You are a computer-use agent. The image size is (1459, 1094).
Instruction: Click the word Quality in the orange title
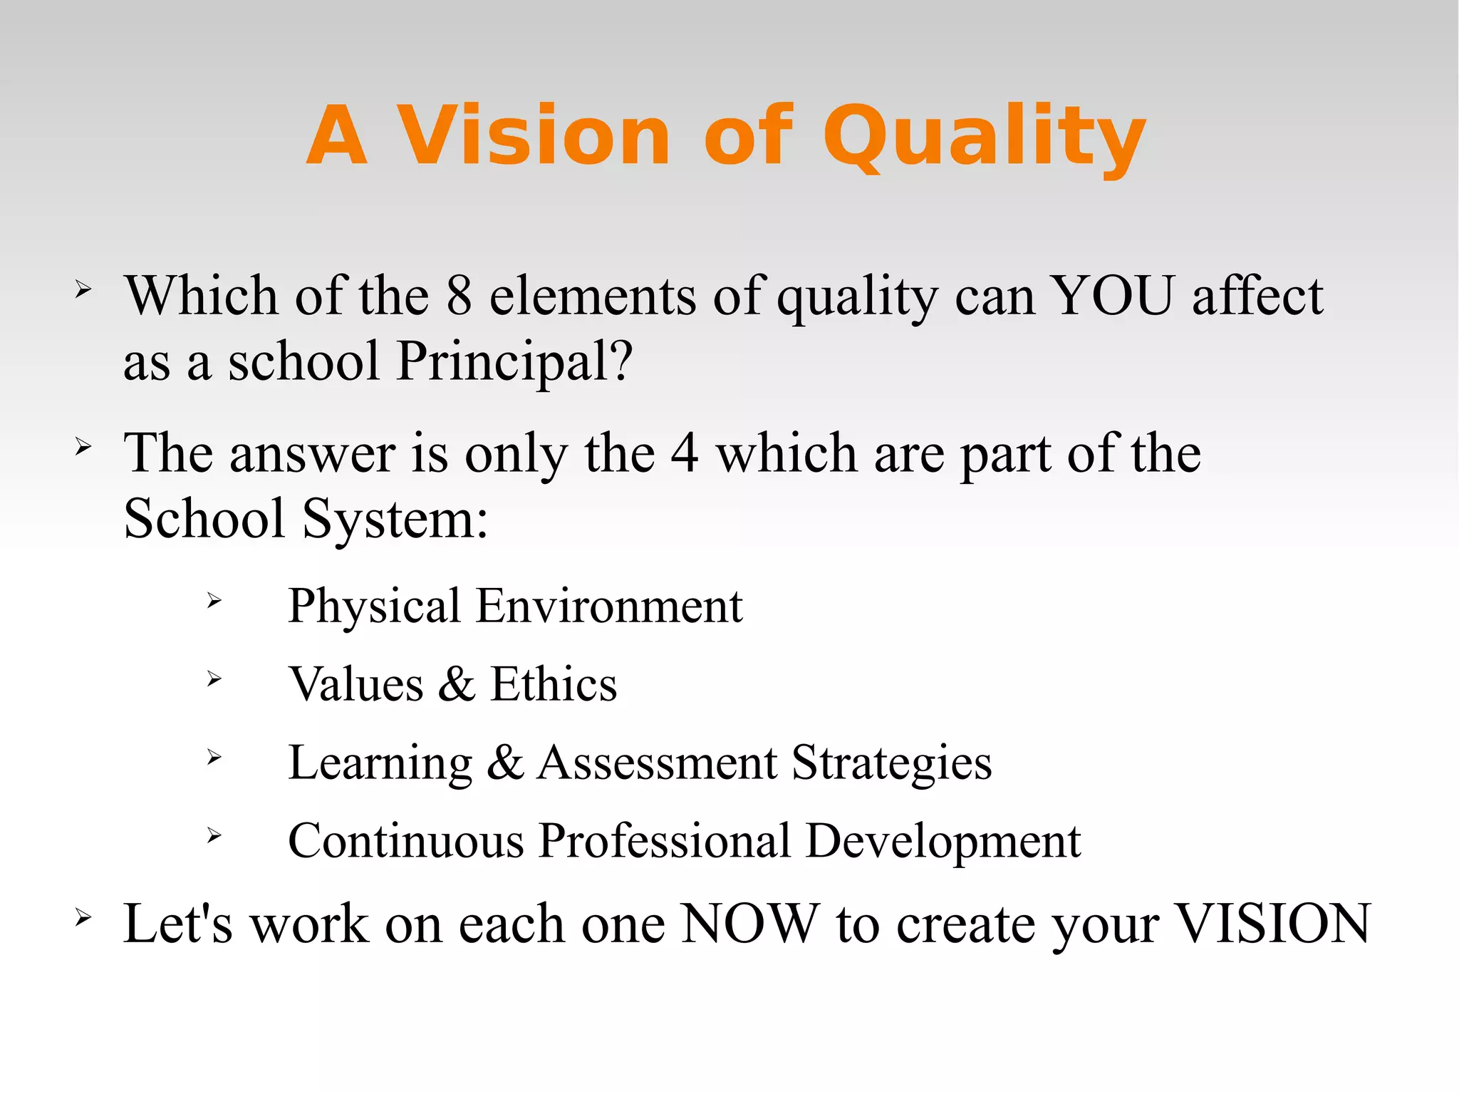[x=985, y=138]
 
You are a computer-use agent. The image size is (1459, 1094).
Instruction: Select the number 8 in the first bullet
[x=459, y=296]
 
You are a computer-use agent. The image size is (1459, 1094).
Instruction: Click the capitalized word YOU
[x=1113, y=296]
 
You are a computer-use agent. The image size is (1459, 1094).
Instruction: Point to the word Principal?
[x=514, y=361]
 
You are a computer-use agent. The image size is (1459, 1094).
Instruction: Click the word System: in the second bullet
[x=395, y=518]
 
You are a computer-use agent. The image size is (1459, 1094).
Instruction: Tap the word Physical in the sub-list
[x=375, y=607]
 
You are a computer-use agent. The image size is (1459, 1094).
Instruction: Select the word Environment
[x=610, y=607]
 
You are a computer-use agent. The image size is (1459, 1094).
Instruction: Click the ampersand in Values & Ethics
[x=457, y=684]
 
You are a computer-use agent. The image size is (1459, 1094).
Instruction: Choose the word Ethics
[x=554, y=684]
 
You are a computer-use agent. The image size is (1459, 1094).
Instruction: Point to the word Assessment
[x=657, y=763]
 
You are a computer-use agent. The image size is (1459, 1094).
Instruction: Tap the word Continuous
[x=406, y=841]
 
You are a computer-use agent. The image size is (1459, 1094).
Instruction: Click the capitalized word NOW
[x=750, y=924]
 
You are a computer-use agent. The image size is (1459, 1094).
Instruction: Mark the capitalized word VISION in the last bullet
[x=1272, y=924]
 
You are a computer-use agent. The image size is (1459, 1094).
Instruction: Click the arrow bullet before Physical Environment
[x=214, y=602]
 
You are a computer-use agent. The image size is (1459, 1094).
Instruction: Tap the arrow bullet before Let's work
[x=83, y=918]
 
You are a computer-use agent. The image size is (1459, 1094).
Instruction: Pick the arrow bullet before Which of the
[x=83, y=289]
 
